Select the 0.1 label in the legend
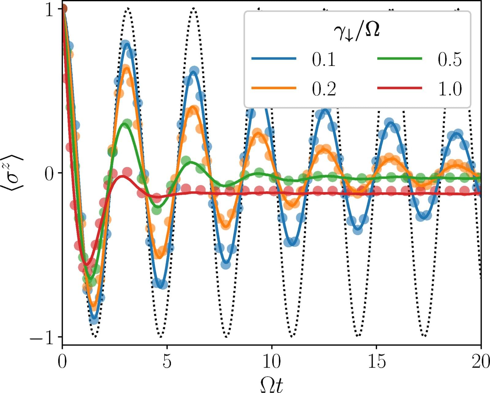point(324,59)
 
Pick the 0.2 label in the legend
point(324,89)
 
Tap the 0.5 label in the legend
point(449,59)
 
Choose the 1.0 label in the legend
point(449,89)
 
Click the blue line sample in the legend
point(274,59)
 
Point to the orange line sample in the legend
point(274,88)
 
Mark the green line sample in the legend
point(399,59)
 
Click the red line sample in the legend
point(399,88)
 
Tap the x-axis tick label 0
point(62,362)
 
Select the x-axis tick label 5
point(167,362)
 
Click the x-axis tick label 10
point(272,362)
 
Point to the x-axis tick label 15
point(376,362)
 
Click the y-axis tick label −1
point(42,338)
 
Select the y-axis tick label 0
point(49,173)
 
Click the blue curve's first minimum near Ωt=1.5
point(94,319)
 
